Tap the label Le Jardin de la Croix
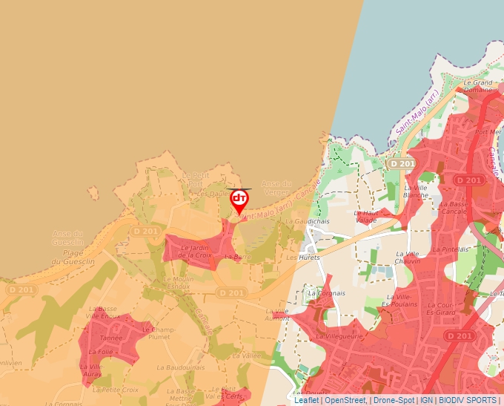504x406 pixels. click(196, 252)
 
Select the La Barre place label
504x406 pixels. click(239, 257)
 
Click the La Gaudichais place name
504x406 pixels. click(312, 221)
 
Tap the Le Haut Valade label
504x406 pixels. click(366, 216)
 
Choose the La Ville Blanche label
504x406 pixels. click(416, 191)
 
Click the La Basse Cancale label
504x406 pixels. click(454, 207)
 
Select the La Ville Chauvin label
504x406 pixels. click(408, 258)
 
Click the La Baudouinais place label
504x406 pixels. click(181, 367)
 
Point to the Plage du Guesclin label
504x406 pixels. click(67, 257)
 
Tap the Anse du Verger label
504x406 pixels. click(276, 188)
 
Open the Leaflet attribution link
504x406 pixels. click(306, 400)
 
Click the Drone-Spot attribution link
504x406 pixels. click(394, 400)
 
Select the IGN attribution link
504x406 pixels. click(426, 400)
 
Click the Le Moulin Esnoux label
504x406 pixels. click(179, 281)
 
